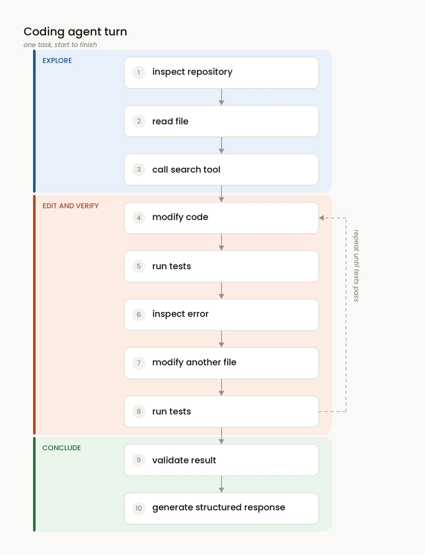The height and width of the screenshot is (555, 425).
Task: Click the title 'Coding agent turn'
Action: (x=75, y=32)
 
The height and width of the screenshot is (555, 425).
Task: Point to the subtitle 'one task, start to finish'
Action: (x=60, y=45)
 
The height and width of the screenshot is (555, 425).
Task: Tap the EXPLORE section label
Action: (x=57, y=61)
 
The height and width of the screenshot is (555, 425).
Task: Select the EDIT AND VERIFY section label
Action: (x=70, y=205)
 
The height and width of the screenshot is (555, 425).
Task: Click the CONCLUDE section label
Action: (x=61, y=448)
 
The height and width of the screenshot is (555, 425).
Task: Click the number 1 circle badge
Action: (x=139, y=73)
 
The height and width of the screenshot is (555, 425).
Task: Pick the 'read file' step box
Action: (x=221, y=121)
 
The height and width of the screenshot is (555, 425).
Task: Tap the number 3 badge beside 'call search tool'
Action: (x=139, y=169)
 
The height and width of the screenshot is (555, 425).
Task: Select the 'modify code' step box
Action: (x=221, y=218)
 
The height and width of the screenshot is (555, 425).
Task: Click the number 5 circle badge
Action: (x=139, y=266)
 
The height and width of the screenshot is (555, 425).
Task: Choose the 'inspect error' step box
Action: (x=221, y=315)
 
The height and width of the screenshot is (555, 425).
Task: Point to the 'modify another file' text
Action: (x=194, y=363)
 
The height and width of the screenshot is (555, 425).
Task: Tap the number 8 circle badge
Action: (x=139, y=412)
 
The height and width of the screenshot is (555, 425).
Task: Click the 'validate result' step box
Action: (x=221, y=460)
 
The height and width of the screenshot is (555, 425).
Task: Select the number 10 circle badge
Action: (x=139, y=508)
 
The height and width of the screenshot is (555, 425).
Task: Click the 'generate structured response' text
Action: (x=218, y=508)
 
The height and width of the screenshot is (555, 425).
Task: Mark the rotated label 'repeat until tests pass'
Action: (x=357, y=266)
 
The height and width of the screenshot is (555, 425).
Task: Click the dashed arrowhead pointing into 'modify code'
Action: (x=321, y=218)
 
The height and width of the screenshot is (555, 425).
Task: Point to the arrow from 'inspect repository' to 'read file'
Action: (x=221, y=97)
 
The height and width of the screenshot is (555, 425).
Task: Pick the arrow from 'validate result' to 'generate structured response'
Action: (x=221, y=484)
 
